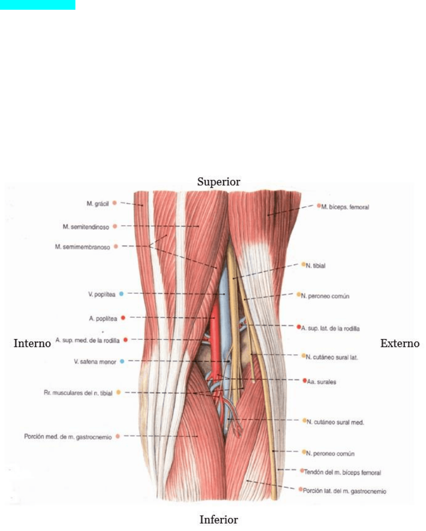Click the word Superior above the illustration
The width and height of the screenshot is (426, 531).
pos(218,182)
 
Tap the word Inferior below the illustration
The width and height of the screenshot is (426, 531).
pos(219,519)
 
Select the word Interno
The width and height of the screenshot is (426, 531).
pos(32,343)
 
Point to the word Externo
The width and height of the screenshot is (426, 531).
pos(400,343)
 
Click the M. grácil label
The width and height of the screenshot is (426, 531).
pos(98,203)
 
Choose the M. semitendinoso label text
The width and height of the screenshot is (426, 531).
pos(86,227)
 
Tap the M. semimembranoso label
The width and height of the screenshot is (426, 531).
pos(82,247)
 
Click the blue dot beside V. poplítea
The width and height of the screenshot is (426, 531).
pos(121,294)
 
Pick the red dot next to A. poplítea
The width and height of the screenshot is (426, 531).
pos(123,318)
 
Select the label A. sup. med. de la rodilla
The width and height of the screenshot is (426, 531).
pos(87,340)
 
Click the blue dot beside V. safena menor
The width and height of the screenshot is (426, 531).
pos(122,361)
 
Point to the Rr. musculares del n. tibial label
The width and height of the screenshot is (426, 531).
pos(78,393)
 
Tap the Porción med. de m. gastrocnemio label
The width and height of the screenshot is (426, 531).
pos(68,437)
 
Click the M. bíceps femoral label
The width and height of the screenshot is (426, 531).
pos(345,207)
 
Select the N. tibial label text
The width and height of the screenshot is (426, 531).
pos(316,266)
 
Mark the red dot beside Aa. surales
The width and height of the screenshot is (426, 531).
pos(305,380)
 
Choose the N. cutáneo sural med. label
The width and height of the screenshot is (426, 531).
pos(335,422)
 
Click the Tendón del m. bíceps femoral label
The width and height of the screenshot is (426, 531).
pos(343,472)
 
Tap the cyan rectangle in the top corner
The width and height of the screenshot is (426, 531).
pos(38,5)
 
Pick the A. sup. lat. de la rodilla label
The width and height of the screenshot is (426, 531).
pos(330,328)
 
